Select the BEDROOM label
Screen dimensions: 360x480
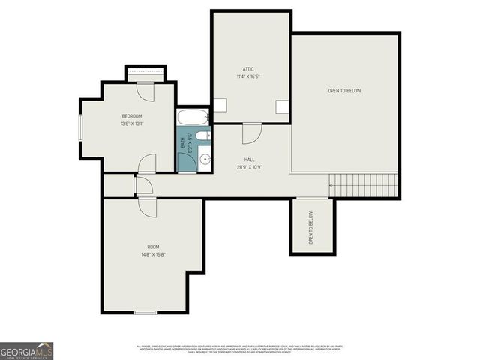[x=132, y=116]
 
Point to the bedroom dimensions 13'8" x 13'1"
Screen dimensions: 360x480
[x=132, y=124]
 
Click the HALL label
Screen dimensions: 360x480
[x=249, y=160]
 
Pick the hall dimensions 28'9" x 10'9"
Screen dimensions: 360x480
[x=249, y=167]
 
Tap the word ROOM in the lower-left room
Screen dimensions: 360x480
[x=153, y=247]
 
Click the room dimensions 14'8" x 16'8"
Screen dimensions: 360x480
[x=153, y=254]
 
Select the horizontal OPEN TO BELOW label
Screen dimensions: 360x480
[x=344, y=91]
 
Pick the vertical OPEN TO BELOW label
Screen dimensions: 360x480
[x=310, y=227]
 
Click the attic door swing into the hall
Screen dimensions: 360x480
[x=252, y=133]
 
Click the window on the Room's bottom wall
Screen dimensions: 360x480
[x=145, y=312]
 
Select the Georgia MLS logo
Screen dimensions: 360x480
[x=26, y=350]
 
